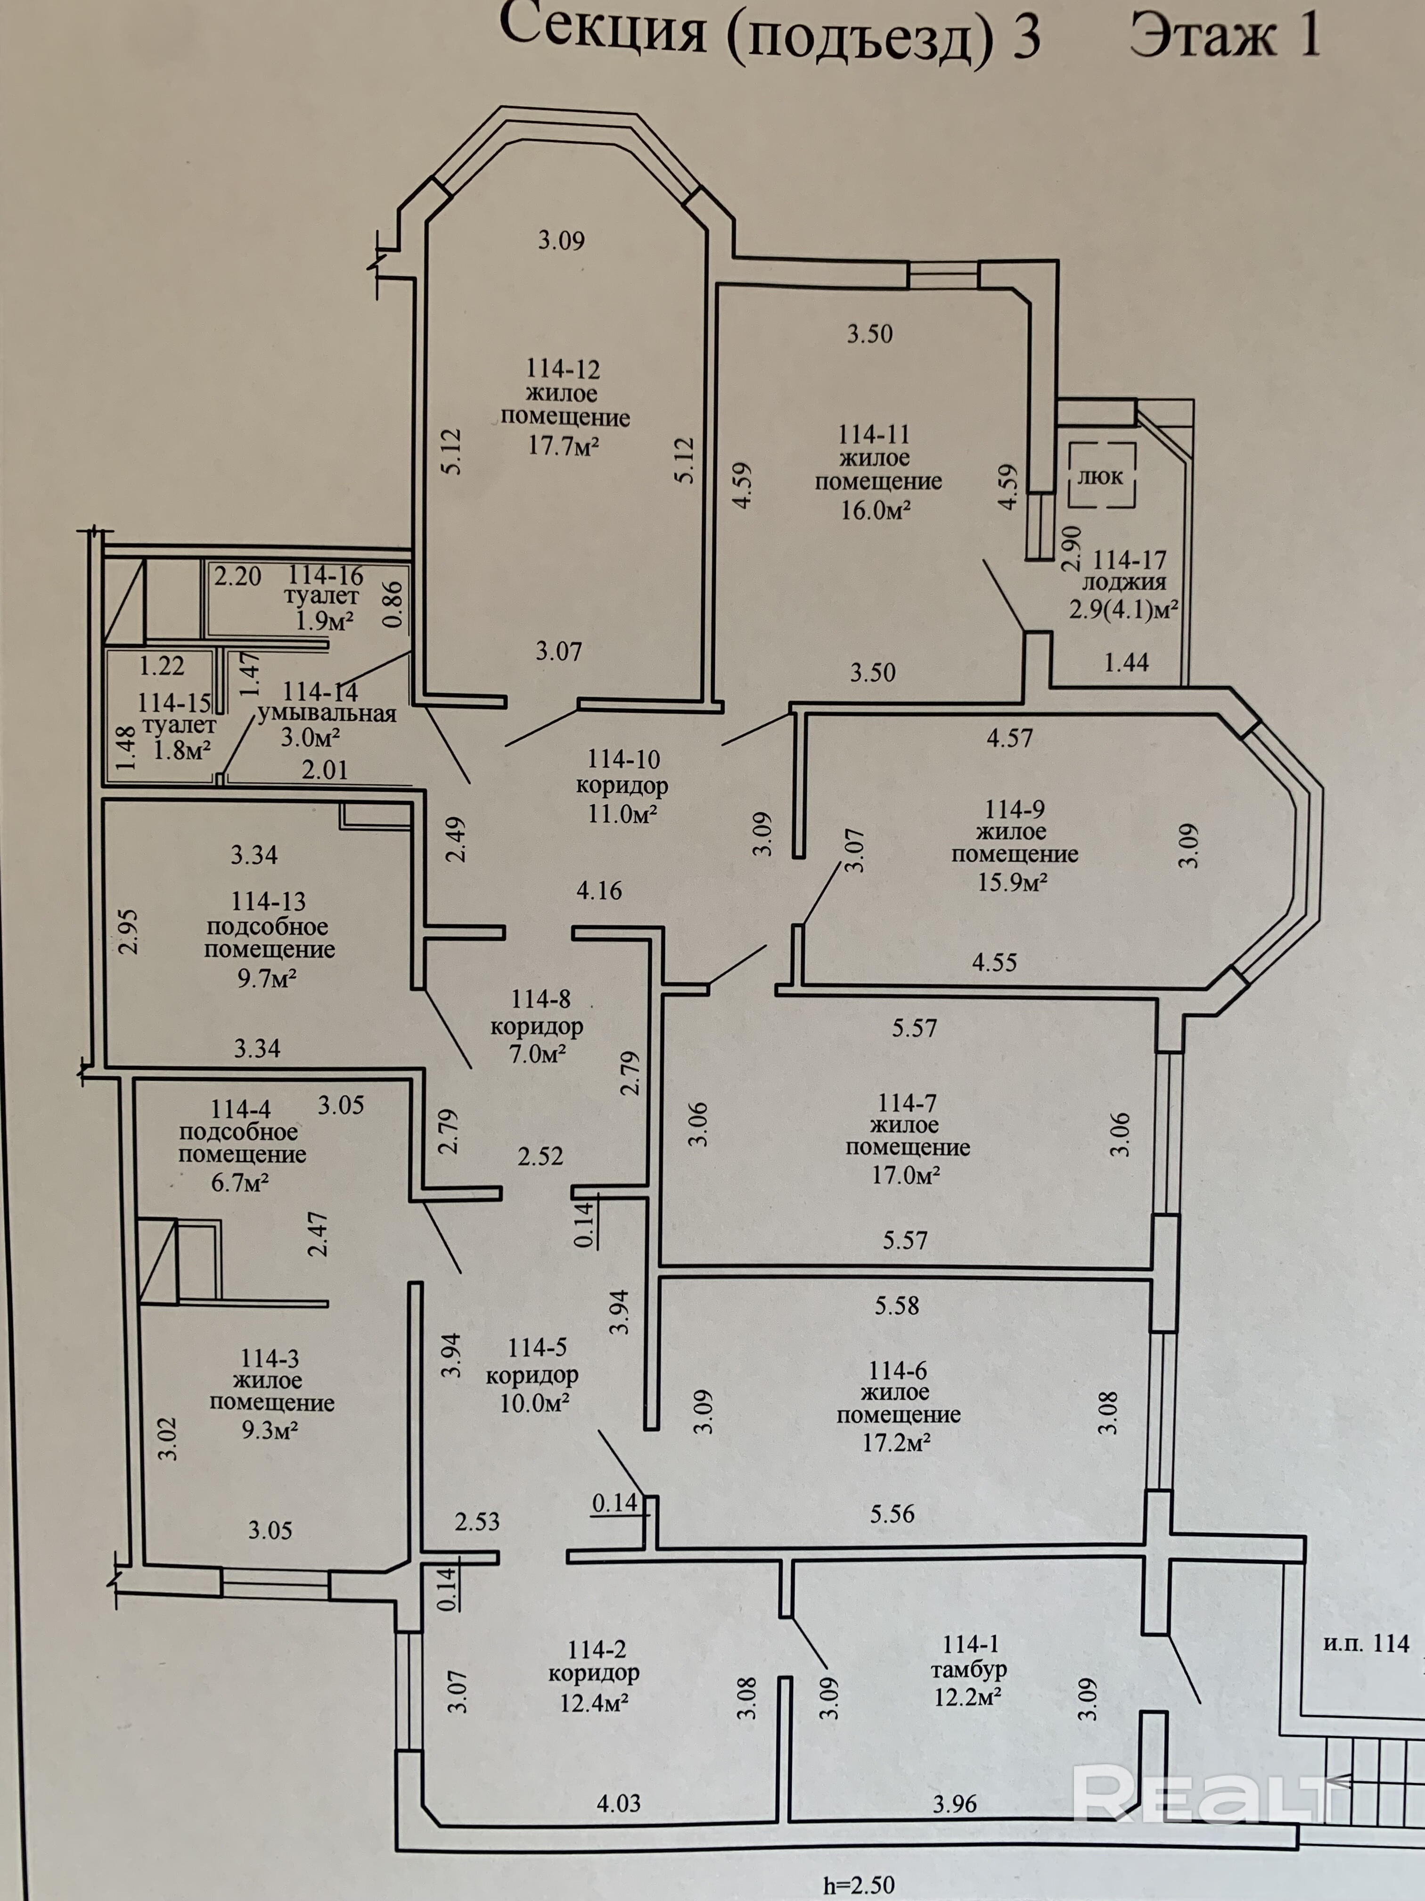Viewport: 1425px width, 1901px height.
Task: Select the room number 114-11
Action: click(875, 434)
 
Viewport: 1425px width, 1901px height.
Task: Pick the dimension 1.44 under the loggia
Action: click(1126, 662)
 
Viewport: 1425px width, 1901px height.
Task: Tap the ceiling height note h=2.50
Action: click(858, 1884)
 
